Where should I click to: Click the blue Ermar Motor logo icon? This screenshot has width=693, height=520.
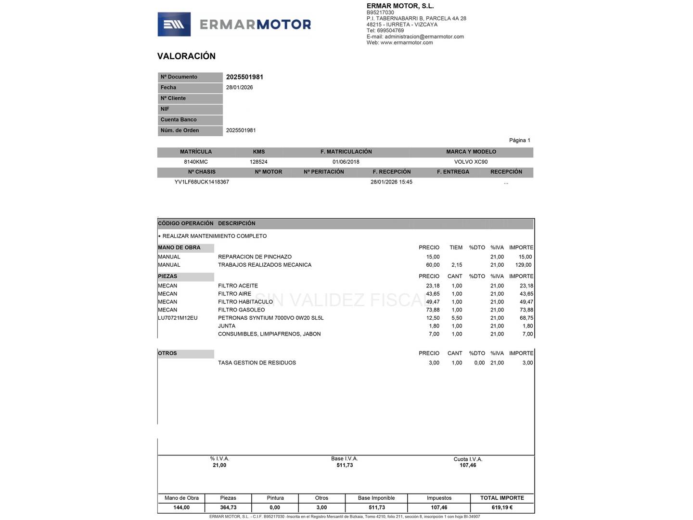click(x=174, y=25)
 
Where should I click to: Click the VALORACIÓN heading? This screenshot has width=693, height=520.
click(x=186, y=56)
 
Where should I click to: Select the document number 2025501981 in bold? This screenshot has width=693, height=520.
click(x=244, y=77)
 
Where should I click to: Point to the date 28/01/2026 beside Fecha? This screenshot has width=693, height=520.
click(x=239, y=88)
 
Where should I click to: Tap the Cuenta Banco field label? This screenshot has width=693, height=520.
click(x=179, y=120)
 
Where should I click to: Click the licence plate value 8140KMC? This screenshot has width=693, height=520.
click(x=196, y=162)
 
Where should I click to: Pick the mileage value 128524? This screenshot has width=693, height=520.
click(x=258, y=162)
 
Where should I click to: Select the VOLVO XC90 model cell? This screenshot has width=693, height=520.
click(x=471, y=162)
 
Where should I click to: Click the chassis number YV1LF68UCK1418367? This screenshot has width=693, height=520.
click(x=202, y=182)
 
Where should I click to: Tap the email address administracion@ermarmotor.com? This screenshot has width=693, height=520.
click(x=424, y=37)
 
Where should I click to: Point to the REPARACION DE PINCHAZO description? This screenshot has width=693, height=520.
click(x=255, y=257)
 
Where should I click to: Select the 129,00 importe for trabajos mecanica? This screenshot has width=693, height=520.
click(x=523, y=265)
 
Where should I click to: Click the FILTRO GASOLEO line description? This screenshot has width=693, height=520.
click(x=241, y=310)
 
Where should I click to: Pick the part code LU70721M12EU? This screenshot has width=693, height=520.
click(x=178, y=318)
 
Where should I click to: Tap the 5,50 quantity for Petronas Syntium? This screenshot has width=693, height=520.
click(x=456, y=318)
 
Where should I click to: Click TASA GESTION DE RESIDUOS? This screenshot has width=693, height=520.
click(x=257, y=363)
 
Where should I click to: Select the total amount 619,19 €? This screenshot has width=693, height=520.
click(x=502, y=507)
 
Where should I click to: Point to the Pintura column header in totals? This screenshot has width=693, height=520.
click(x=275, y=498)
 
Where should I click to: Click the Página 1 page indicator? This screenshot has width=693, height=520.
click(x=519, y=141)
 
